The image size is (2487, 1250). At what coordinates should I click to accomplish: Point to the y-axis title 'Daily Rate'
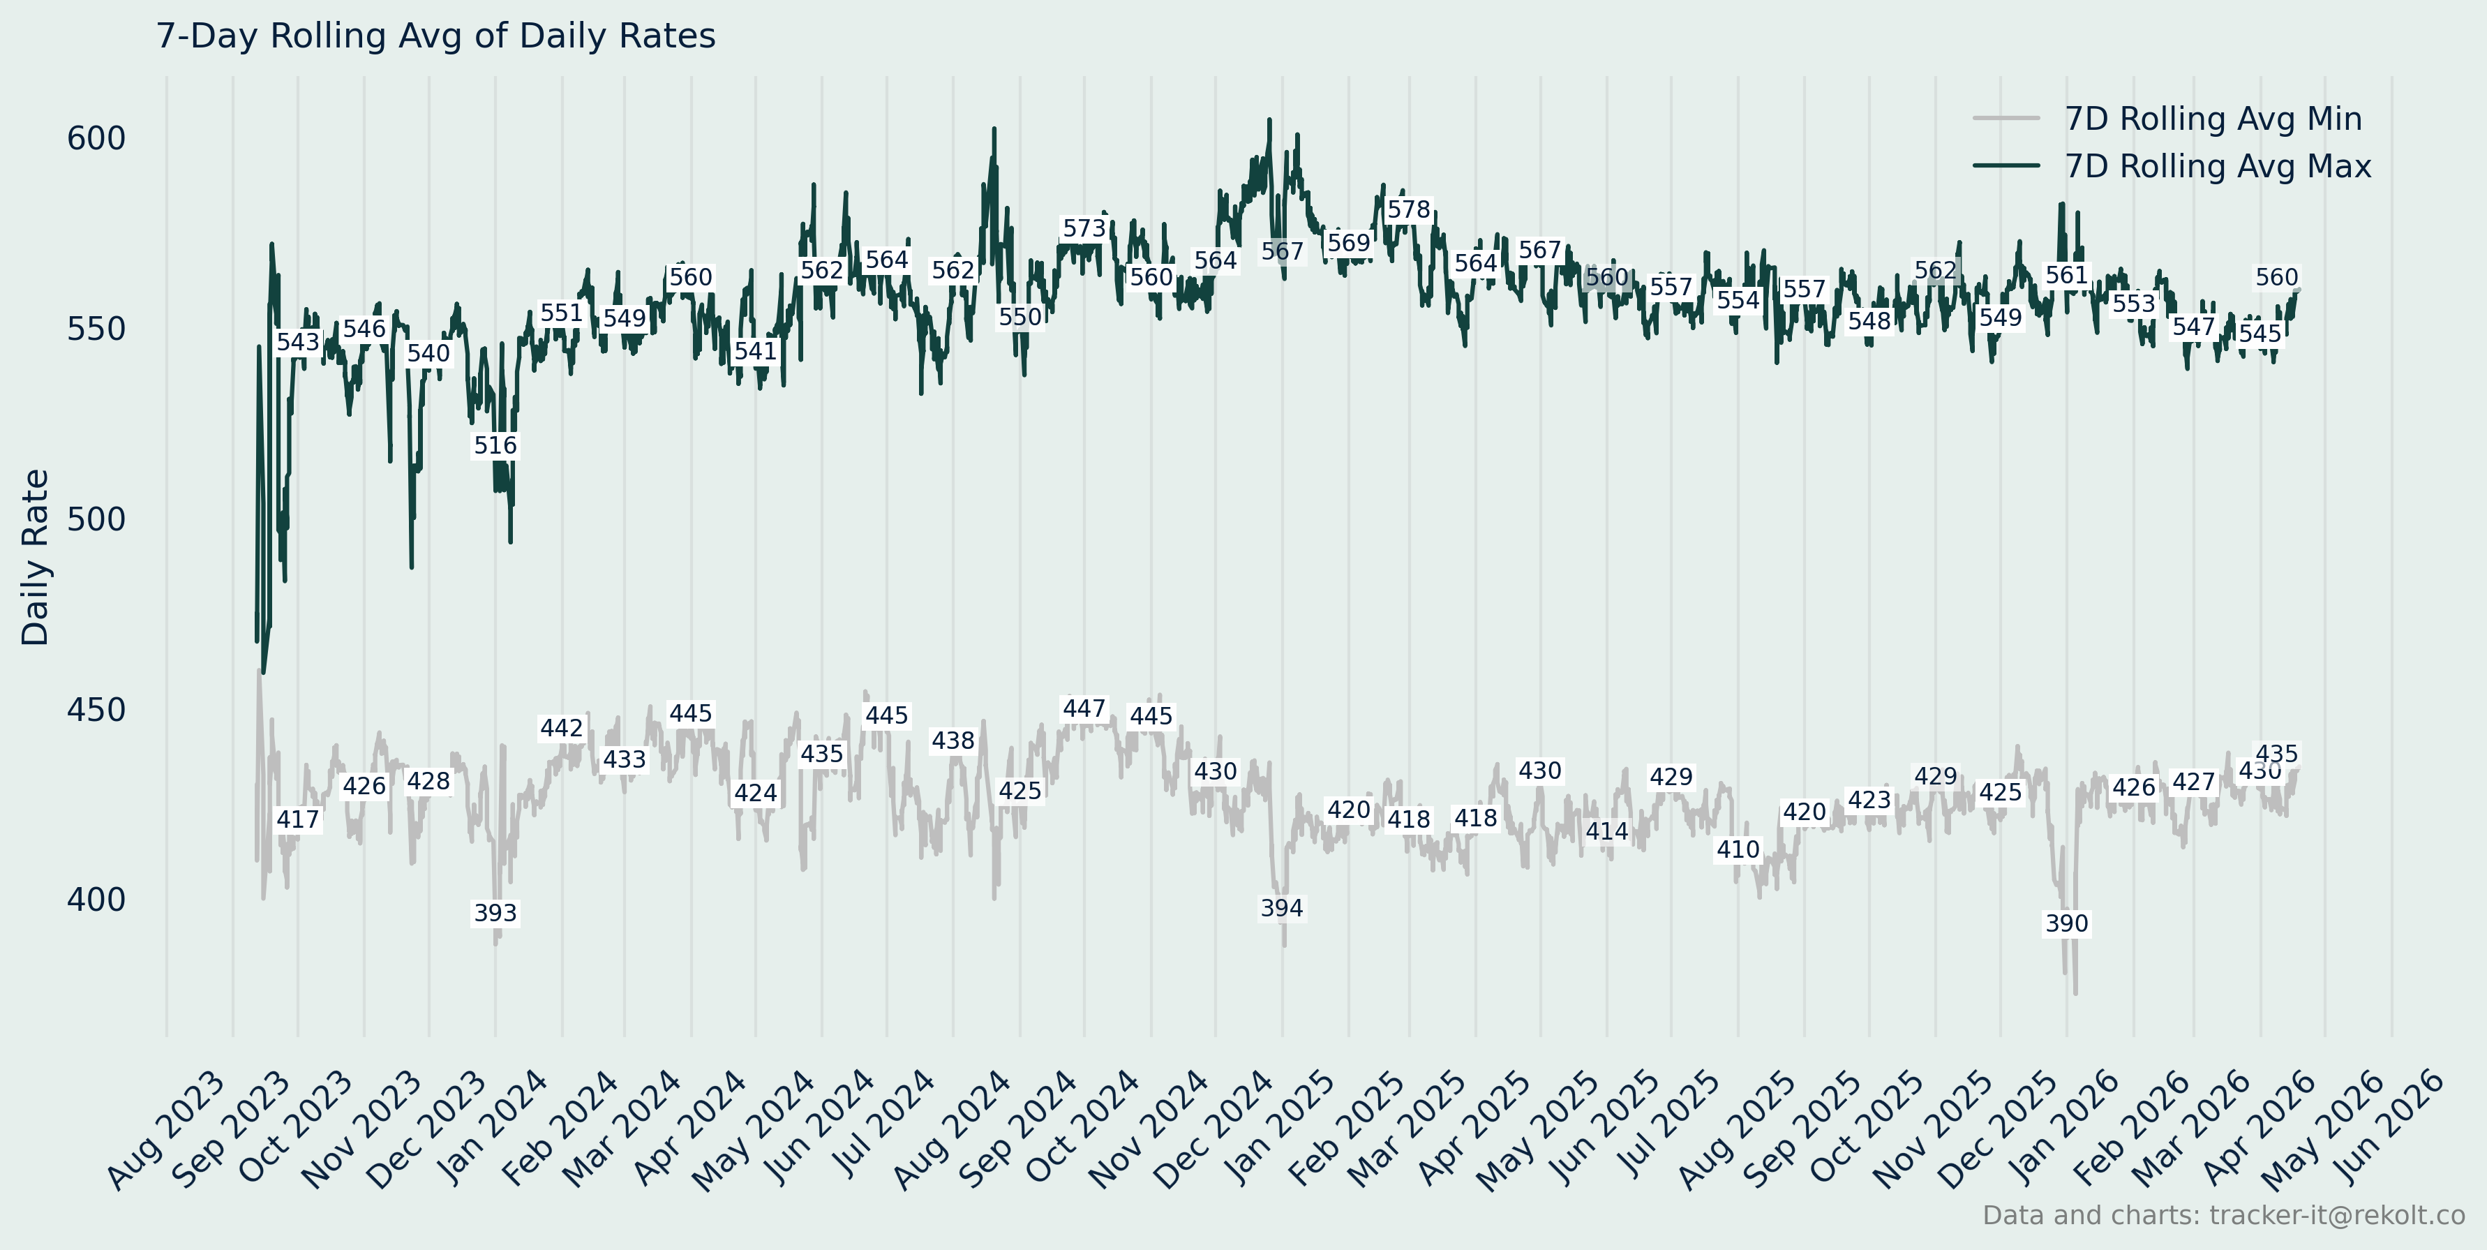[x=36, y=557]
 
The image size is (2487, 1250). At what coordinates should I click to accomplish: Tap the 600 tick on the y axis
[x=96, y=139]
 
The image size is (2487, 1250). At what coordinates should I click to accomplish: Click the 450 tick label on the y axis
[x=96, y=710]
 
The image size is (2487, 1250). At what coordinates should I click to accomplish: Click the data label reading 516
[x=495, y=446]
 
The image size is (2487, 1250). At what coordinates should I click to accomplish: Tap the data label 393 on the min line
[x=495, y=913]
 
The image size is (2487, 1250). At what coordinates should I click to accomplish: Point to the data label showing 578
[x=1409, y=210]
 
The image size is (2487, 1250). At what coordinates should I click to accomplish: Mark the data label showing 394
[x=1282, y=908]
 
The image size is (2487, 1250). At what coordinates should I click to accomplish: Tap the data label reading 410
[x=1738, y=850]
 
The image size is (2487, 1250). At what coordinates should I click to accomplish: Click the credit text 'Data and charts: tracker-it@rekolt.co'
[x=2223, y=1215]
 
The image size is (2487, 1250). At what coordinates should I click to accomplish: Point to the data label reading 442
[x=561, y=729]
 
